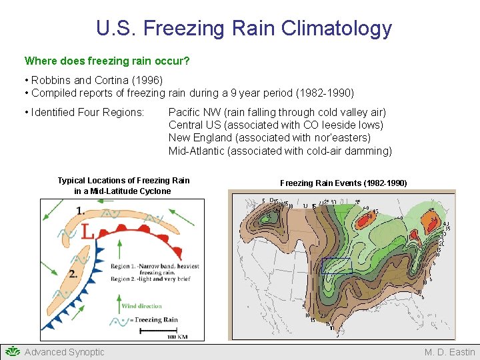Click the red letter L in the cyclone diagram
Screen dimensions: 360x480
[x=87, y=231]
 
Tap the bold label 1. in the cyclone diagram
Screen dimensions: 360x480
[x=80, y=211]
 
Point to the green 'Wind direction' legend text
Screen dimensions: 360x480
[x=141, y=306]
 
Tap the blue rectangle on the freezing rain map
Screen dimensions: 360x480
[x=336, y=266]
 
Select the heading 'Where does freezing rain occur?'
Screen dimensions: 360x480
[x=107, y=61]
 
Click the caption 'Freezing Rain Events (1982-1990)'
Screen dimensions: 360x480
[x=343, y=183]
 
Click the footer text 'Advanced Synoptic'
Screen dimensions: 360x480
[x=65, y=352]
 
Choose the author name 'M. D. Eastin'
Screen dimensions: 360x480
[x=450, y=352]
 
